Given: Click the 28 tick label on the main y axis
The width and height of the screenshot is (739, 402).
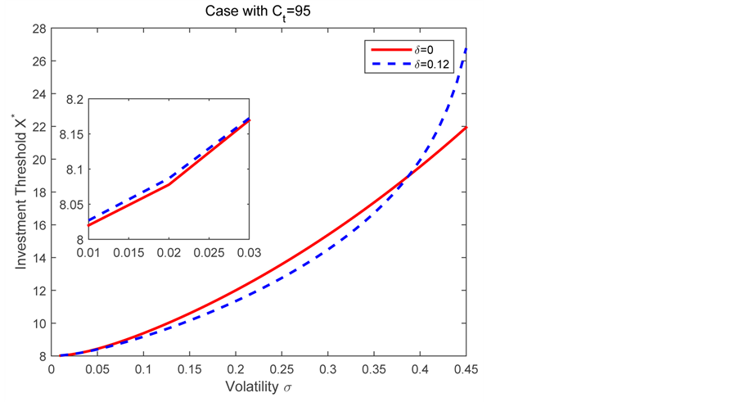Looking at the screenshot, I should [x=38, y=29].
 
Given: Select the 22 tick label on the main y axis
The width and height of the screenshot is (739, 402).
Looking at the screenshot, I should [x=38, y=127].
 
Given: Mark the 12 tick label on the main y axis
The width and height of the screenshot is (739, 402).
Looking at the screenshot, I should [x=38, y=291].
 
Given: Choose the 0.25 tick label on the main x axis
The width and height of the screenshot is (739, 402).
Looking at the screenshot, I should [x=282, y=368].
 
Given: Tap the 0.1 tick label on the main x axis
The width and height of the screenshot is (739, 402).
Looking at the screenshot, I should [x=143, y=368].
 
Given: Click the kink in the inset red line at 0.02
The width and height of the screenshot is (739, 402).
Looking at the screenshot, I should [x=169, y=185].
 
